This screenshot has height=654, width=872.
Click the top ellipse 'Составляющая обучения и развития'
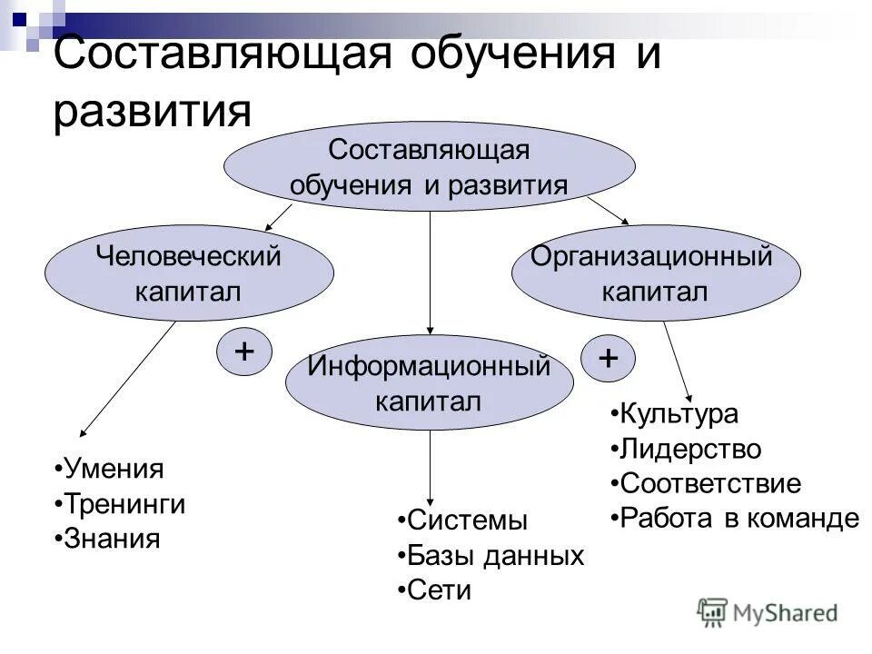(429, 166)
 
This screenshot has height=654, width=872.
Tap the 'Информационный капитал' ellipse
(429, 383)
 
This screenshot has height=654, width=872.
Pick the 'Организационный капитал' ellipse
(656, 273)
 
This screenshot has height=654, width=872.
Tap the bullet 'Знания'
(111, 539)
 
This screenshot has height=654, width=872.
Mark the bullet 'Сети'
(439, 590)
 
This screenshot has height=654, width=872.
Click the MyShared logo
(768, 613)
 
